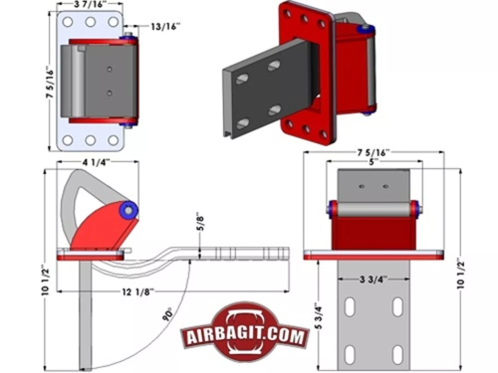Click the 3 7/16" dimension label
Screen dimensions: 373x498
click(x=90, y=5)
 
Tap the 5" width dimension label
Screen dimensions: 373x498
click(x=373, y=162)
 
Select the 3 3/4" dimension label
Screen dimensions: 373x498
click(x=373, y=279)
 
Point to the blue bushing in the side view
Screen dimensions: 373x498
click(x=128, y=211)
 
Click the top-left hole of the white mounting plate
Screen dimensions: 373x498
click(x=68, y=22)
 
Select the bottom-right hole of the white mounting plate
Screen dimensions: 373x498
click(x=113, y=141)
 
